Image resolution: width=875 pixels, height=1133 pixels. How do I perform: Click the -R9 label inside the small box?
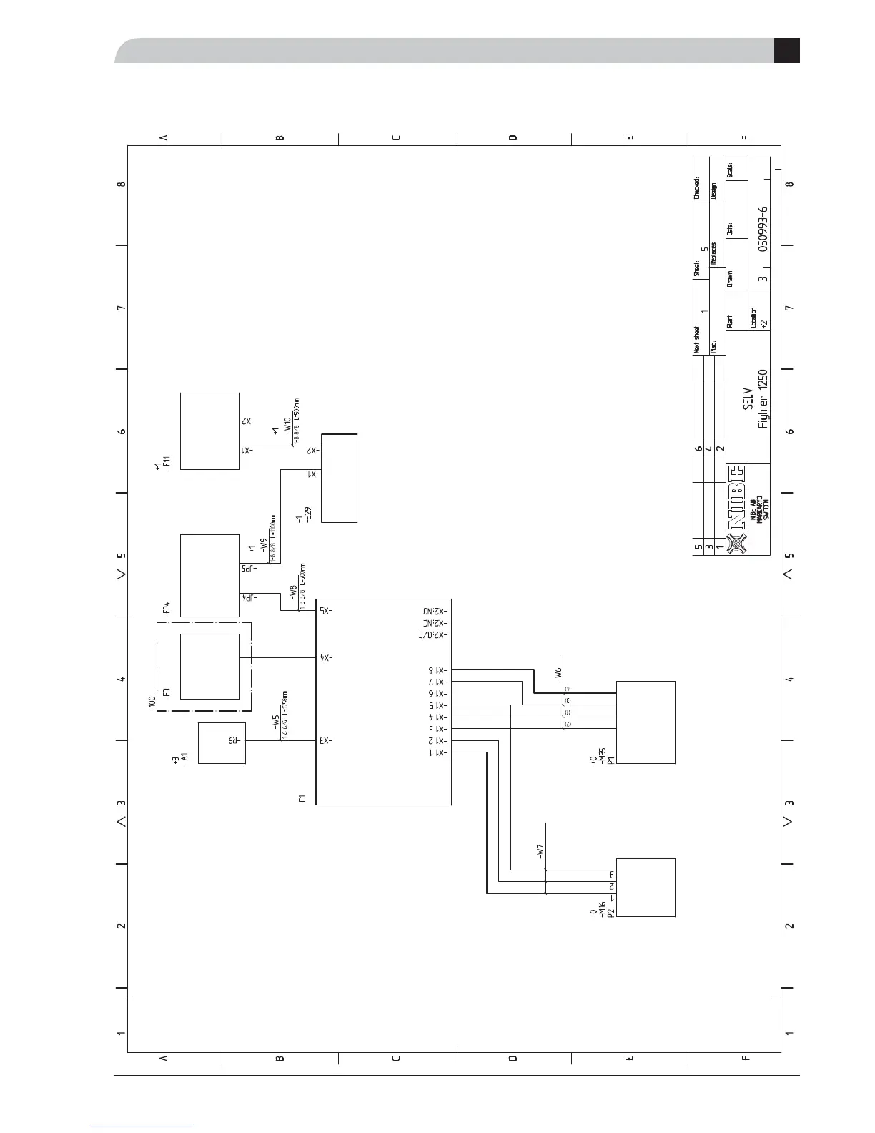[x=233, y=742]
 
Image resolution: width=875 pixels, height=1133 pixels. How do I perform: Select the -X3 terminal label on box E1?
[x=325, y=741]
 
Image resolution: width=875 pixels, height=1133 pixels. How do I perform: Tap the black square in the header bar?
[x=786, y=51]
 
